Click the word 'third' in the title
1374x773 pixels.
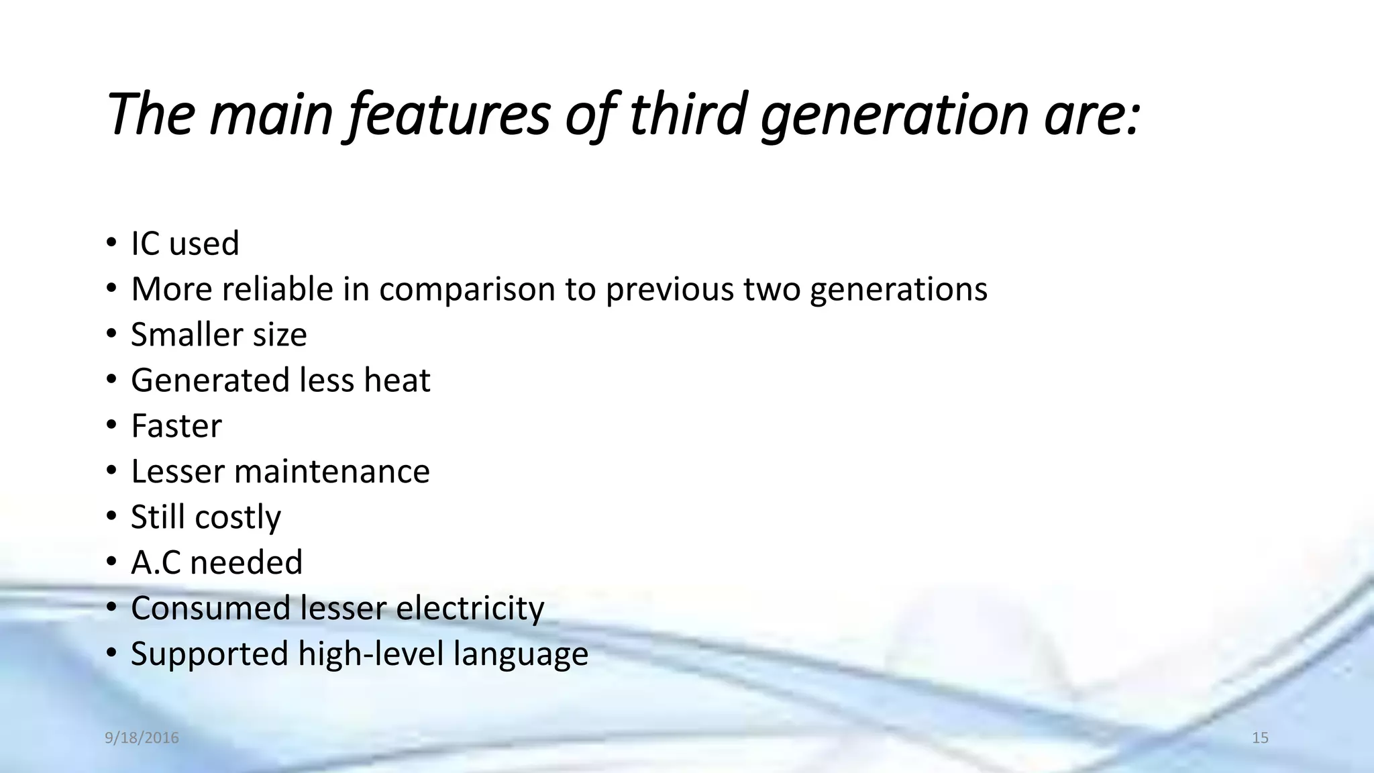(x=687, y=114)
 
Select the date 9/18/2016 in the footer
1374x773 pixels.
(x=142, y=738)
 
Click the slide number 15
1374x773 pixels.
(x=1260, y=738)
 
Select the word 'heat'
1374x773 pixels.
(x=397, y=380)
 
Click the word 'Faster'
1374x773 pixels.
(x=176, y=425)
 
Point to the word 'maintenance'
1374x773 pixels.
(x=331, y=471)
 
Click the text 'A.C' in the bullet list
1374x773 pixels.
(x=156, y=562)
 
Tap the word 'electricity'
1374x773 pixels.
(x=470, y=609)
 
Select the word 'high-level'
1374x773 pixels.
(x=371, y=654)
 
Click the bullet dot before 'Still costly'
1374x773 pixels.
(x=111, y=517)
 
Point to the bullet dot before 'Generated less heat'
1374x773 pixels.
(x=111, y=380)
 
